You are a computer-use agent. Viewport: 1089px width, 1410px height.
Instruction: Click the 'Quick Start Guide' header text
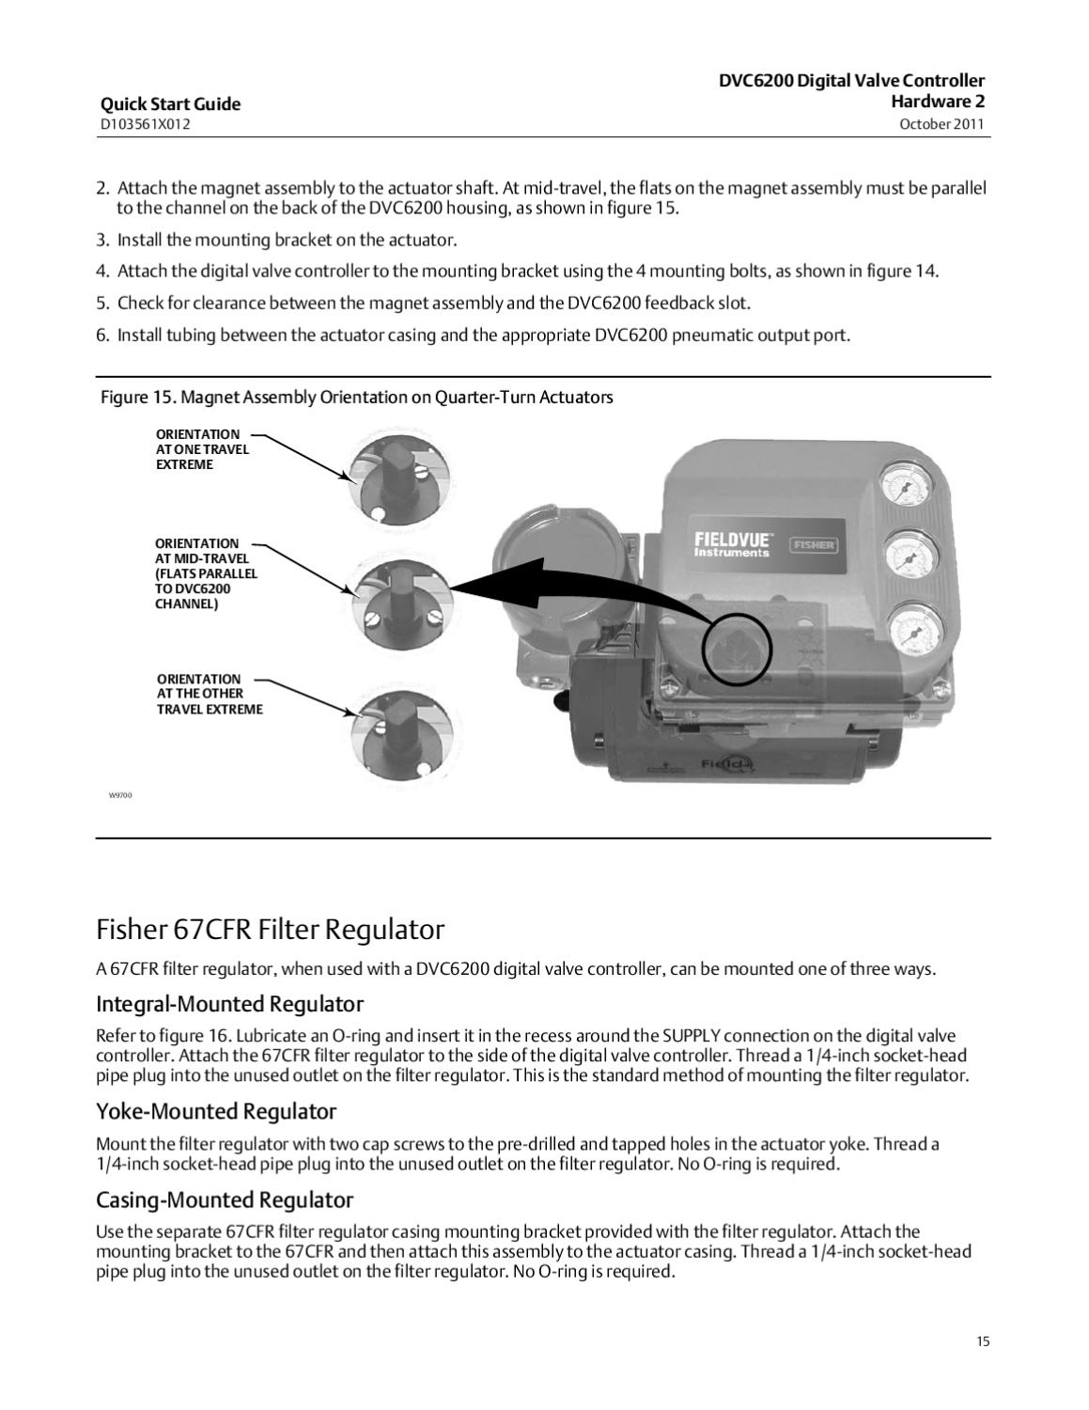click(x=170, y=104)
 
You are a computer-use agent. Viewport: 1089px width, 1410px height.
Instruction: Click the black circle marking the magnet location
click(x=737, y=650)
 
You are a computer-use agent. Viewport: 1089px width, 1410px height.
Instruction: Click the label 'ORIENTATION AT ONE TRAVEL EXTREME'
click(x=202, y=449)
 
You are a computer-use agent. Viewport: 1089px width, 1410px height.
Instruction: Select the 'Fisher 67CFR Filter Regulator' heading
click(x=270, y=930)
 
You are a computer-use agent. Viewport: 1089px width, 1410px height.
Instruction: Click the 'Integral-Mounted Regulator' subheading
click(x=229, y=1003)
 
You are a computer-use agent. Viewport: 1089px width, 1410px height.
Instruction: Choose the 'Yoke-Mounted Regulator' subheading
click(x=216, y=1111)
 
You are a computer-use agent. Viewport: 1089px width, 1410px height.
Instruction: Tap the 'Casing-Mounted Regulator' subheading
click(x=225, y=1199)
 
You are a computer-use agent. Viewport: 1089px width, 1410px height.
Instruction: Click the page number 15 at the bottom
click(x=982, y=1341)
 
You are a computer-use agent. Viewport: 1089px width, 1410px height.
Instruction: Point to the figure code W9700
click(x=120, y=795)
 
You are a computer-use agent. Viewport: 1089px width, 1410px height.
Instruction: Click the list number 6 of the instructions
click(x=103, y=335)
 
